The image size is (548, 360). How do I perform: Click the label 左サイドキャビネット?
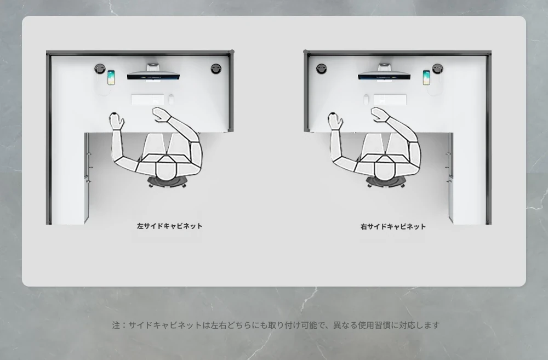pyautogui.click(x=169, y=226)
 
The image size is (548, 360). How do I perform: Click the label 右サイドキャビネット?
pyautogui.click(x=393, y=226)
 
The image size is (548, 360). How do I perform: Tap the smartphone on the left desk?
pyautogui.click(x=111, y=78)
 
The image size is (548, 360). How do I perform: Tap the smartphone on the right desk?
pyautogui.click(x=426, y=78)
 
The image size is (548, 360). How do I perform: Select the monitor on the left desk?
pyautogui.click(x=153, y=74)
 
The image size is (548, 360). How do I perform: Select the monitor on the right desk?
pyautogui.click(x=384, y=74)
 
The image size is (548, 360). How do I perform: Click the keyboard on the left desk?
pyautogui.click(x=147, y=100)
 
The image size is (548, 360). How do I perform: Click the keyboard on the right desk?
pyautogui.click(x=390, y=100)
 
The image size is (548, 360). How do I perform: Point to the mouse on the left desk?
pyautogui.click(x=171, y=100)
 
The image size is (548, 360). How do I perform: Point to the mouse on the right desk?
pyautogui.click(x=366, y=100)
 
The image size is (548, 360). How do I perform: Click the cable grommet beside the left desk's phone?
pyautogui.click(x=100, y=69)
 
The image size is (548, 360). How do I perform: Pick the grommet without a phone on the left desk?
pyautogui.click(x=216, y=69)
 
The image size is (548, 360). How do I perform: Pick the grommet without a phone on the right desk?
pyautogui.click(x=321, y=69)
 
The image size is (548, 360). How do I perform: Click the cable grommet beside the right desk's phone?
pyautogui.click(x=437, y=69)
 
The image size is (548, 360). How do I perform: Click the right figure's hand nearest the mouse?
pyautogui.click(x=335, y=121)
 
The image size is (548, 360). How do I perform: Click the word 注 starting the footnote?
pyautogui.click(x=116, y=325)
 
